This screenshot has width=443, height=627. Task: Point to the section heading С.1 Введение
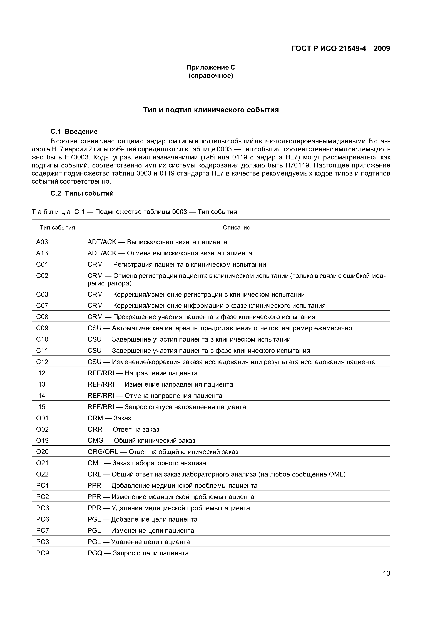click(74, 132)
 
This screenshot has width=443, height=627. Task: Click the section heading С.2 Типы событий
click(82, 193)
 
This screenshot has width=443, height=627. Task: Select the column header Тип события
click(57, 228)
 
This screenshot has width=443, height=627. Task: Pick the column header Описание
click(236, 228)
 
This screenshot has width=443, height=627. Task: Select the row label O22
click(42, 474)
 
